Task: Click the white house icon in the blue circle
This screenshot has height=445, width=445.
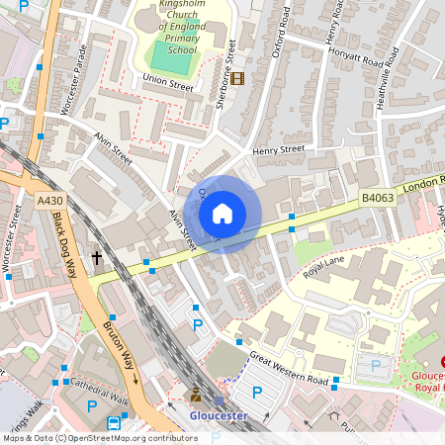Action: point(222,214)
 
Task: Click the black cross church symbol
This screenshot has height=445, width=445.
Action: point(97,258)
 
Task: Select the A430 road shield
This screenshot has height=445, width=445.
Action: point(49,201)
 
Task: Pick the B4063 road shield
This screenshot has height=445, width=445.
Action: point(376,199)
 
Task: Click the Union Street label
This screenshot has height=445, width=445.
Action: point(167,86)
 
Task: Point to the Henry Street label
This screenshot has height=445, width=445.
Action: point(278,149)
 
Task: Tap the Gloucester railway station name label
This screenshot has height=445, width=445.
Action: point(218,416)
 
